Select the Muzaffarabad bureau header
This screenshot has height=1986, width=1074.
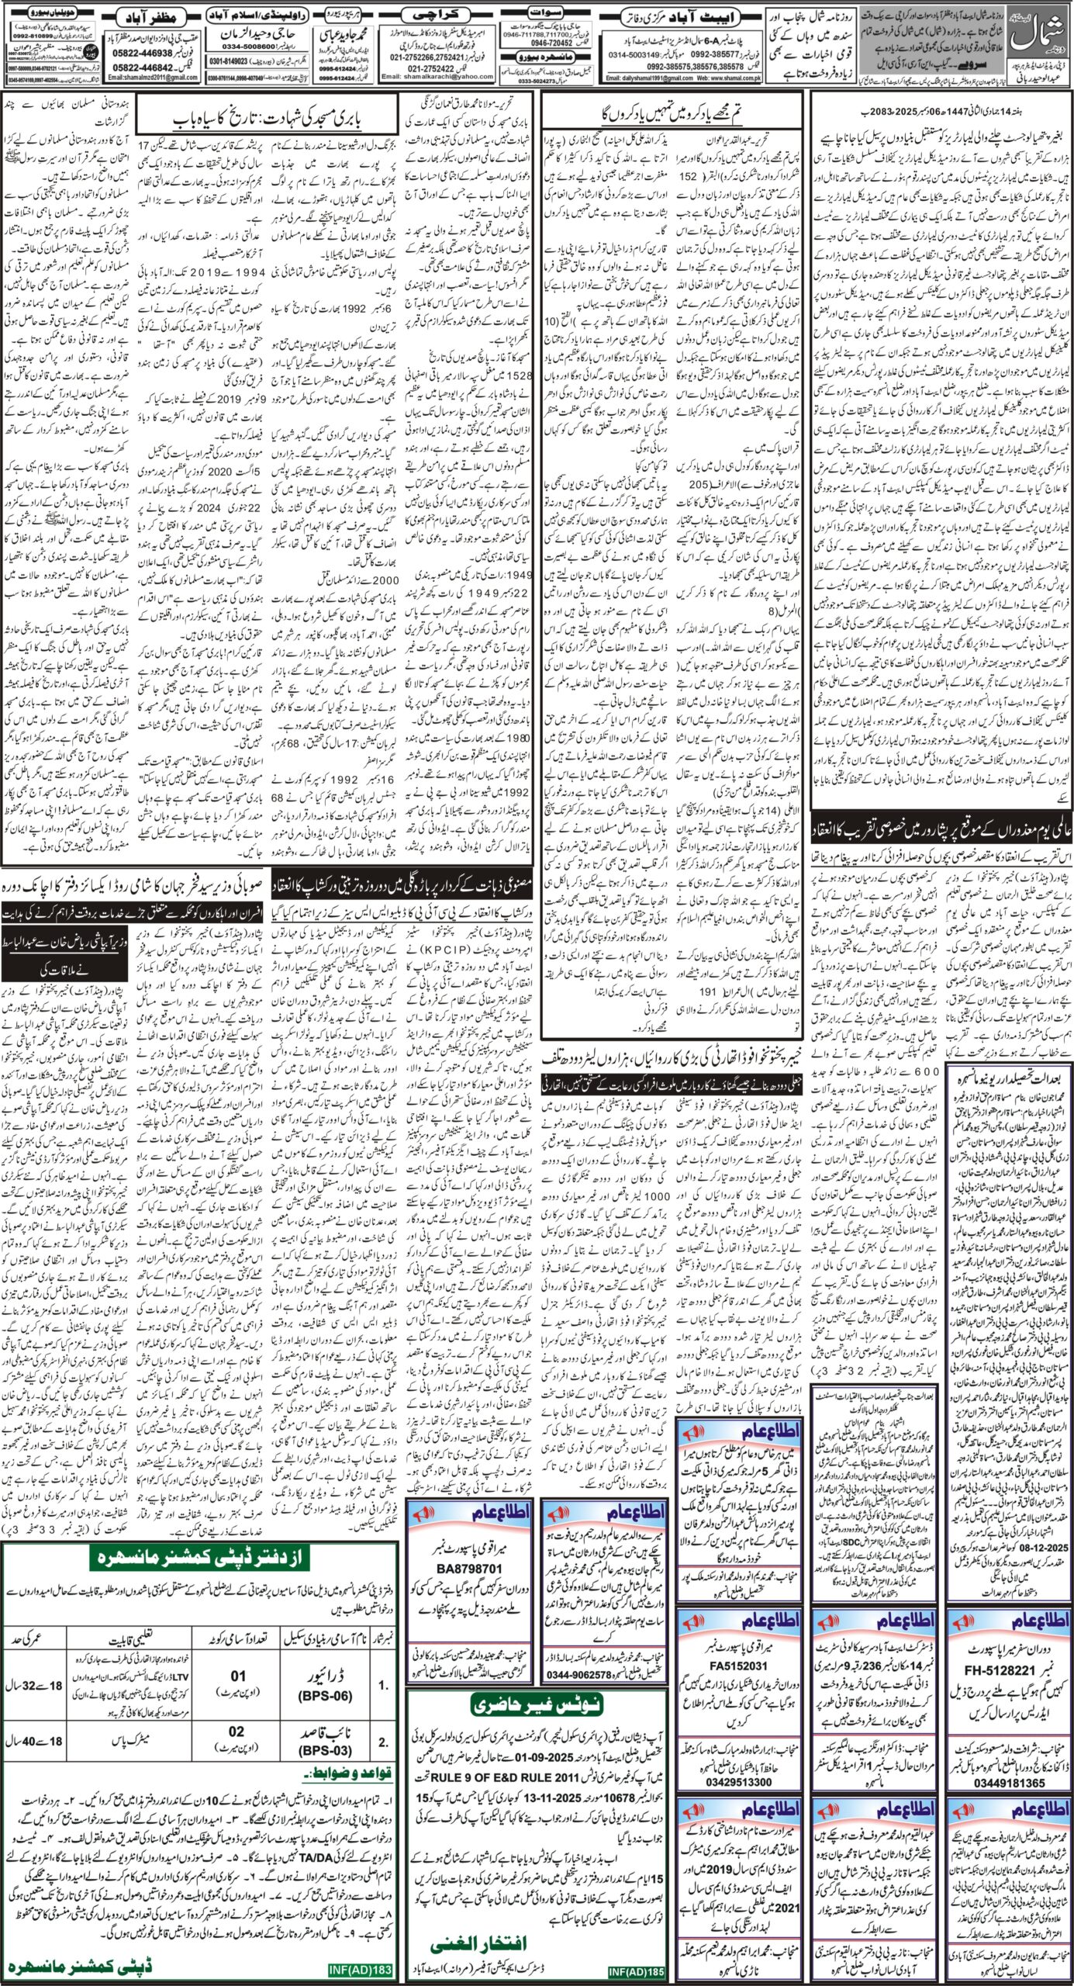point(161,16)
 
